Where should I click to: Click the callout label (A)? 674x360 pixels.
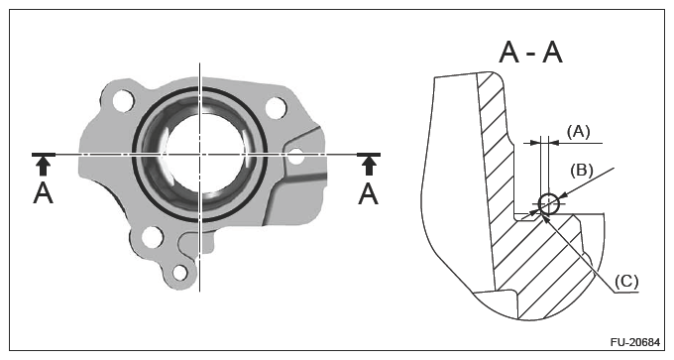(579, 132)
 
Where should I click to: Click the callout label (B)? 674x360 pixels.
(582, 171)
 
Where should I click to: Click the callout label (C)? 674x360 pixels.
(626, 282)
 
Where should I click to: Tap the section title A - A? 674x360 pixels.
(531, 54)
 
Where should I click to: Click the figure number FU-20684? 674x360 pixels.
(635, 342)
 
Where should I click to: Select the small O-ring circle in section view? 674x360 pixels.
(549, 203)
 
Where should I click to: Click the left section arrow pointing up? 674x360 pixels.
(43, 166)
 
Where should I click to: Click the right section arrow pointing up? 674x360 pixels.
(369, 166)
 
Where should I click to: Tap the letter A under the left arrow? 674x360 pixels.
(43, 193)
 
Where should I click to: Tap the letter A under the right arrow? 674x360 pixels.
(369, 193)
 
